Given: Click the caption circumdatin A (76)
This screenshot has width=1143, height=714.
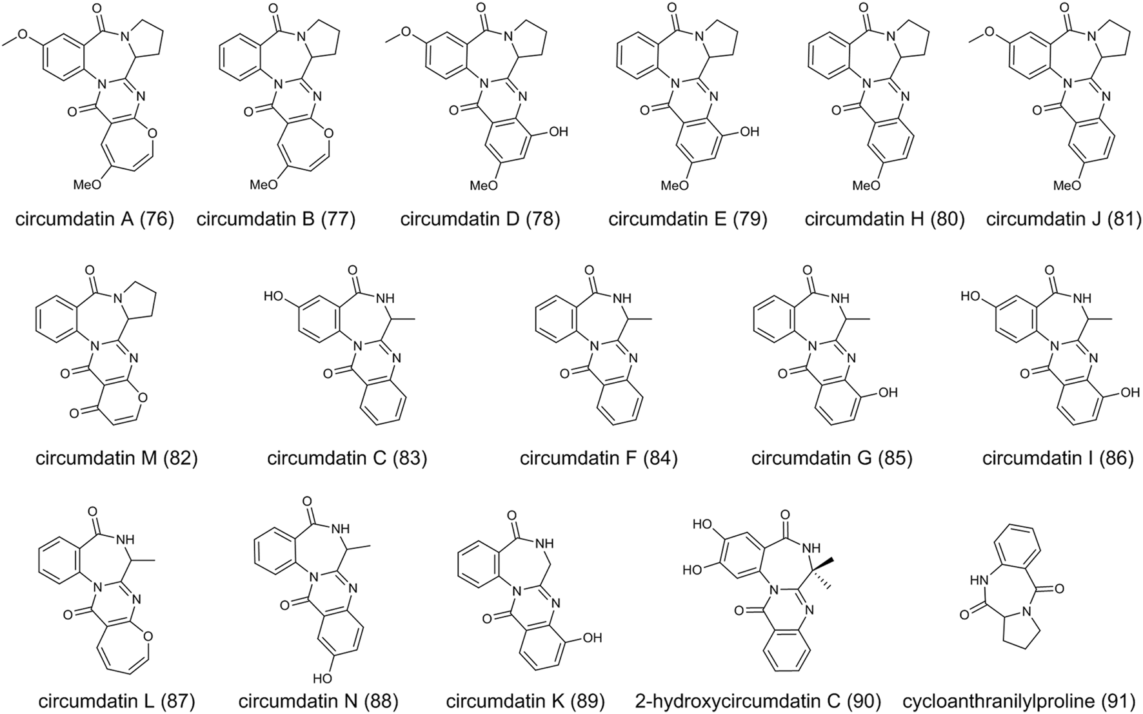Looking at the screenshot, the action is (95, 219).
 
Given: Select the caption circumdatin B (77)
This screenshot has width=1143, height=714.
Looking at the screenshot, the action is (276, 219).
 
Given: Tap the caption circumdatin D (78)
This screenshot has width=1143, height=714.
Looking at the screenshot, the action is (480, 219).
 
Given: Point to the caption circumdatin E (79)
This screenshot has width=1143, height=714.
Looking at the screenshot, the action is (688, 219).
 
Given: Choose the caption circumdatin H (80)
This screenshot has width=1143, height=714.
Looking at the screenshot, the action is (884, 219).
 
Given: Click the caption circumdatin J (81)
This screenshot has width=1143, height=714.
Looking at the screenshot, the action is (1064, 219).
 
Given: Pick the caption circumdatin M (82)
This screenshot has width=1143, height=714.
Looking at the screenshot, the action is (117, 458).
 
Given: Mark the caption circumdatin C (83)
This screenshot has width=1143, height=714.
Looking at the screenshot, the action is (347, 458).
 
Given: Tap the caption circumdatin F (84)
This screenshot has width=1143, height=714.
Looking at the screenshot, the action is (599, 458).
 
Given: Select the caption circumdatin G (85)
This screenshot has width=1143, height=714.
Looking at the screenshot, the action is (831, 458).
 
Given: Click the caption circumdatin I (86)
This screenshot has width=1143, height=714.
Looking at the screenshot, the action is (1058, 458).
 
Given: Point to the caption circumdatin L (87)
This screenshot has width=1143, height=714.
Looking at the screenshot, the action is (117, 700).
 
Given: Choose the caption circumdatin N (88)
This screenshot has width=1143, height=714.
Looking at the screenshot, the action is (318, 700).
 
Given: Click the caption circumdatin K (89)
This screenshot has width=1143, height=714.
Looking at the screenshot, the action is (525, 700).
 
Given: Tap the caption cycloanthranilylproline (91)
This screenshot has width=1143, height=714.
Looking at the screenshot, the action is (1020, 700).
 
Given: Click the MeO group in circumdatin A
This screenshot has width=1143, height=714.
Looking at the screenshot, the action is (87, 185).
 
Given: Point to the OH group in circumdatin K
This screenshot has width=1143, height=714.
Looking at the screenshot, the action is (591, 638).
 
